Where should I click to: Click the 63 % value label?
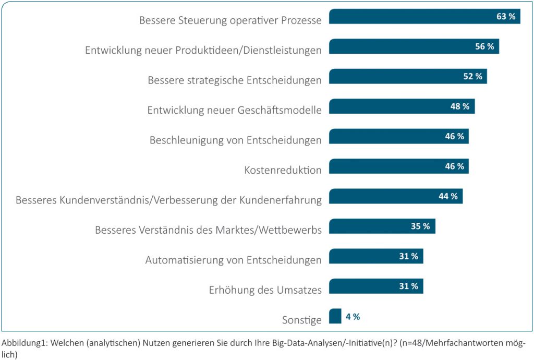tap(506, 17)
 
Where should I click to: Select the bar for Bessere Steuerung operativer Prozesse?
tap(407, 17)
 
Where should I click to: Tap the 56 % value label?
tap(484, 46)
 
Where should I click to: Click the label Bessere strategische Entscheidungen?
tap(235, 80)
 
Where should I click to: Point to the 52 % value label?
tap(472, 77)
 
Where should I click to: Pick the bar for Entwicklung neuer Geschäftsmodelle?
tap(386, 106)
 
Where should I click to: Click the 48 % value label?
tap(460, 106)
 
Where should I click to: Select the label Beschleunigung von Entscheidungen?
tap(235, 140)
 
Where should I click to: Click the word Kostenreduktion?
tap(283, 170)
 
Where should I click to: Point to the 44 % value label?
tap(448, 196)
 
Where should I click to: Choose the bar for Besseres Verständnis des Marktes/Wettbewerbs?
tap(365, 226)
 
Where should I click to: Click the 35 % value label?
tap(420, 226)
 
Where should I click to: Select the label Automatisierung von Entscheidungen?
tap(233, 260)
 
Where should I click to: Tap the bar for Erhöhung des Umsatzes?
tap(360, 286)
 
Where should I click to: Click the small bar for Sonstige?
tap(335, 316)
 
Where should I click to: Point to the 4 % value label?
tap(353, 317)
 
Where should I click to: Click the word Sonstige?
tap(302, 320)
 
